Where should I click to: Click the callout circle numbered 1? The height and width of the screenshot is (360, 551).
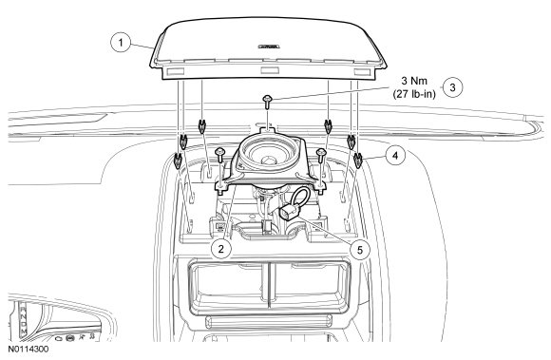pos(121,43)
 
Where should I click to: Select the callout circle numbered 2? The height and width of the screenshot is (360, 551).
pos(220,249)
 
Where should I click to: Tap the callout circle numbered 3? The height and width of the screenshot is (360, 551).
pos(452,87)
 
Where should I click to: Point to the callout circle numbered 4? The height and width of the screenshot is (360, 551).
pos(395,155)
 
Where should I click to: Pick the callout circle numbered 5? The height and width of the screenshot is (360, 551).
pos(359,250)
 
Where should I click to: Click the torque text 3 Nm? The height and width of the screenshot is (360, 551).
pos(414,81)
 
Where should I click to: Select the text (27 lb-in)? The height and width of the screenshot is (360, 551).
pos(414,94)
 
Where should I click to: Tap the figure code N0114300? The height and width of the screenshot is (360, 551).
pos(28,350)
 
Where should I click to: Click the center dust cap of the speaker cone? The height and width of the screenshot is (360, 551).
pos(270,161)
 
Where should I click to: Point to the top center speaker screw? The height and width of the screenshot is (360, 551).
pos(267,101)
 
